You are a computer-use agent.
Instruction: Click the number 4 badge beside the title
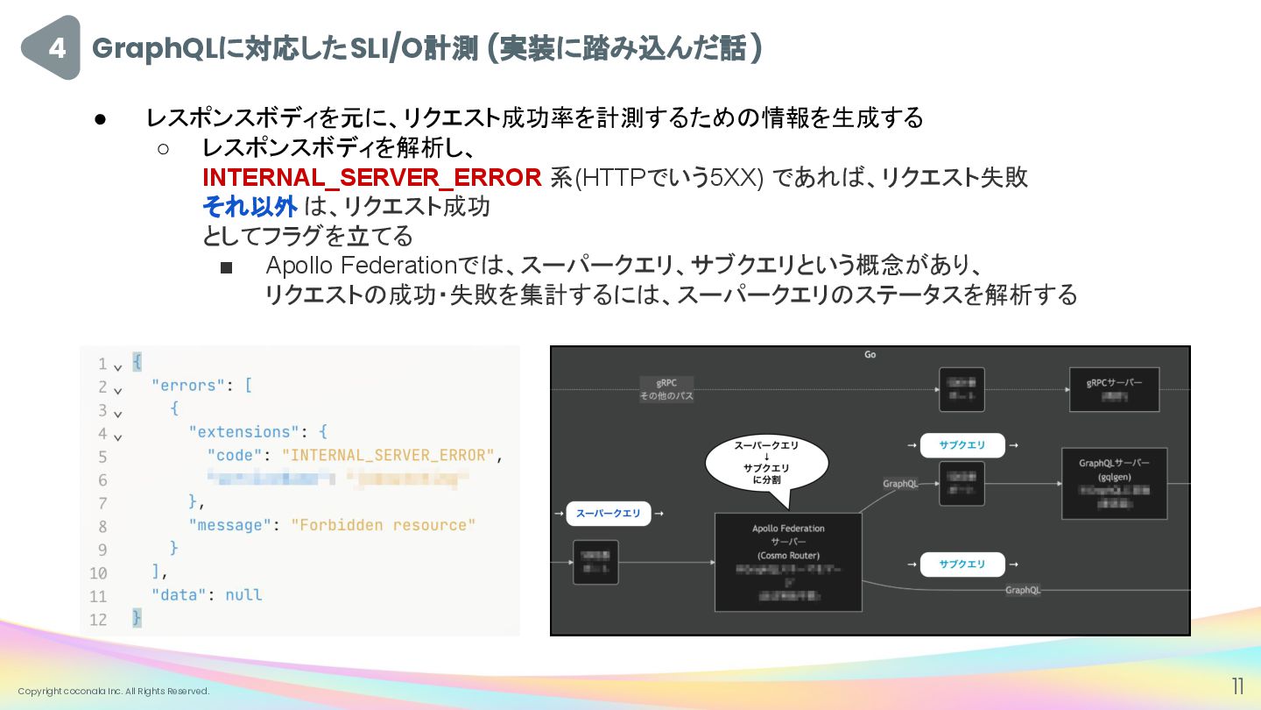tap(54, 48)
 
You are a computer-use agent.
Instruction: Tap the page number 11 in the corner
tap(1238, 685)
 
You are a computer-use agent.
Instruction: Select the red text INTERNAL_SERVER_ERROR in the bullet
tap(371, 178)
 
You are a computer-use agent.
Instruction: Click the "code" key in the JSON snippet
tap(236, 455)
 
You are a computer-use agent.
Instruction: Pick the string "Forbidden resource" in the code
tap(383, 525)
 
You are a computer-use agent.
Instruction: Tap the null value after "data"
tap(243, 594)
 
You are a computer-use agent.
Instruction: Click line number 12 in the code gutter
tap(97, 619)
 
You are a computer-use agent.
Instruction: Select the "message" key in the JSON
tap(226, 525)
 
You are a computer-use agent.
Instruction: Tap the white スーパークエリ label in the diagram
tap(608, 514)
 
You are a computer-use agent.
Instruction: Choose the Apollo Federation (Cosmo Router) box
tap(788, 562)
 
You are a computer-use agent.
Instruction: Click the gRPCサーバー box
tap(1114, 389)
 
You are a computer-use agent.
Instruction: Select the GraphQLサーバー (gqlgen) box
tap(1114, 483)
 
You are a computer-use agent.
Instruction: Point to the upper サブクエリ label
tap(962, 445)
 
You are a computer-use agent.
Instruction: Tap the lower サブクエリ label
tap(962, 564)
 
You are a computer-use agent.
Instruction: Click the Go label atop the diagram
tap(870, 355)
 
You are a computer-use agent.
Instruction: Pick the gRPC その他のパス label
tap(666, 389)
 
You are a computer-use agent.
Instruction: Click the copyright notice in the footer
tap(114, 692)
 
